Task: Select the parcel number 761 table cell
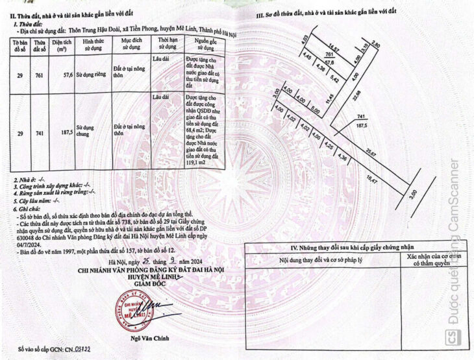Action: tap(39, 75)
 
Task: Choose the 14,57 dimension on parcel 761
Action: tap(334, 48)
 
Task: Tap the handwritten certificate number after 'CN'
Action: tap(83, 348)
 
